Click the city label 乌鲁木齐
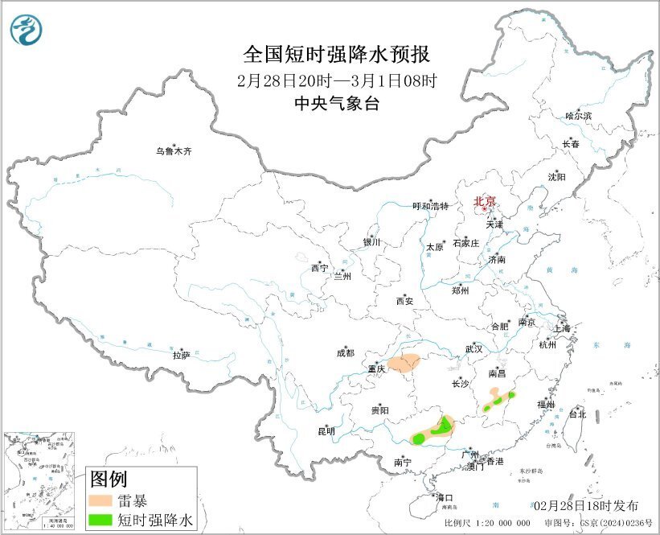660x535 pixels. click(174, 150)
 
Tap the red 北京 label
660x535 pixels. click(484, 201)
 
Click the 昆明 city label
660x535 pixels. click(325, 432)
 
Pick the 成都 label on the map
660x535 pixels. click(345, 352)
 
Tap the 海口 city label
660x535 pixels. click(445, 496)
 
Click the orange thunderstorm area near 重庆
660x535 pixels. click(403, 363)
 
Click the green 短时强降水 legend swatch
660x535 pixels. click(103, 521)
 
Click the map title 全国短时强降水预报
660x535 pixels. click(337, 54)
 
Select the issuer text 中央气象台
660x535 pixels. click(337, 104)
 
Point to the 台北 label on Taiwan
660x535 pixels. click(577, 414)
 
